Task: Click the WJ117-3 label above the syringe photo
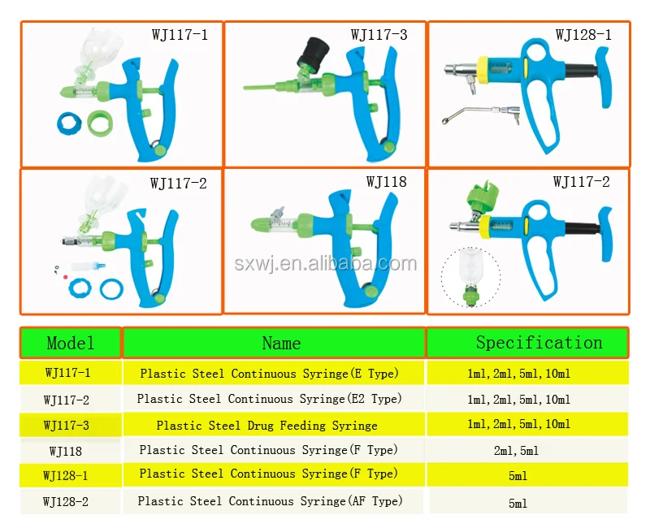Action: (x=379, y=35)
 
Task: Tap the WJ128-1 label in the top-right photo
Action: (x=583, y=35)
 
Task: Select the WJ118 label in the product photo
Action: (x=386, y=181)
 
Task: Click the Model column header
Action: (x=71, y=343)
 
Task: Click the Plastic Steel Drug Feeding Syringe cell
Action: (x=266, y=425)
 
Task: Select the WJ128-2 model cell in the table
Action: (x=66, y=502)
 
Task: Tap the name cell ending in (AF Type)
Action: (x=270, y=501)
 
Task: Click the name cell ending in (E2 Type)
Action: (x=269, y=399)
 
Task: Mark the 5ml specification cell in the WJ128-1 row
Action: (x=518, y=475)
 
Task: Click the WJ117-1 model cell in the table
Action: (x=67, y=374)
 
